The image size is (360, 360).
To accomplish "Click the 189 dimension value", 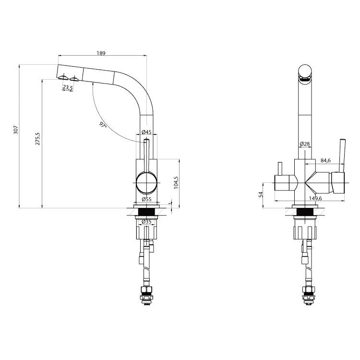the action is [101, 53].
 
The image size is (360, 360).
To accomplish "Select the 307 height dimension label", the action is [16, 130].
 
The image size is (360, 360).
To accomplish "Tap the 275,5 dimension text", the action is [38, 138].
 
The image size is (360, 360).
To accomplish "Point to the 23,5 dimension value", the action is [68, 87].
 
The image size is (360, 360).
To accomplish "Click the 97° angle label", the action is [103, 125].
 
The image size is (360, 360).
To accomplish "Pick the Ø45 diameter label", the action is [146, 132].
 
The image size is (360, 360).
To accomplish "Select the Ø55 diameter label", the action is [147, 199].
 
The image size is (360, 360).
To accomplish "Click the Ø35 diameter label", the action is [146, 222].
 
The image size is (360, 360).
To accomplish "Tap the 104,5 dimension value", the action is [176, 182].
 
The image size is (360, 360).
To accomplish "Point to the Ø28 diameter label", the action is [305, 144].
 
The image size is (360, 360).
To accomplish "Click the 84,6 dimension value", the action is [325, 160].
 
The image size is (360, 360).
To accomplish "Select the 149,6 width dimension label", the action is [315, 198].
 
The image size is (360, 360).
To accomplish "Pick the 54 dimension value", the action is [261, 195].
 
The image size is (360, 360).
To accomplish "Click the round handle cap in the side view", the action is [147, 183].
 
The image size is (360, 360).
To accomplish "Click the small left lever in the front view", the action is [280, 169].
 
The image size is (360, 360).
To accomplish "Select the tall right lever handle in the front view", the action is [342, 156].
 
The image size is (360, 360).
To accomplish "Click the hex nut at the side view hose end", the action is [146, 290].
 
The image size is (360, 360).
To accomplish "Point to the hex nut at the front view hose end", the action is [307, 290].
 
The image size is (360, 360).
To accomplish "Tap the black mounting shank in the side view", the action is [146, 212].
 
